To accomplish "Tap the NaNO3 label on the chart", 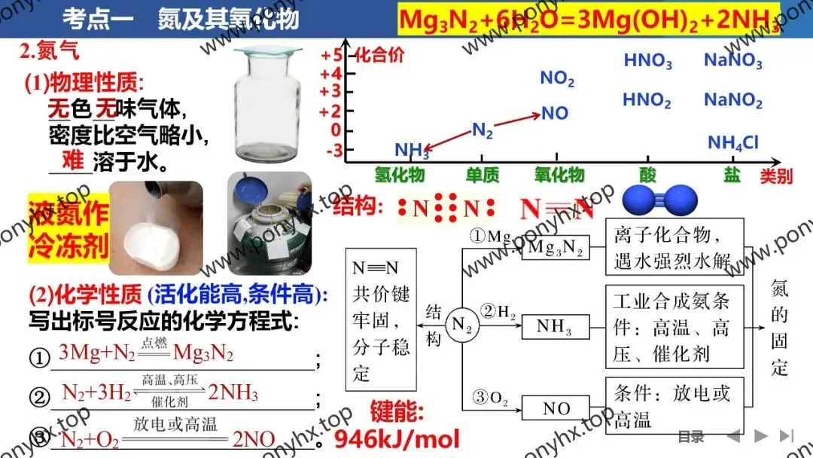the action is (732, 61).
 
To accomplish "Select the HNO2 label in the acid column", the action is (647, 99).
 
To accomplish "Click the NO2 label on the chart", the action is (557, 78).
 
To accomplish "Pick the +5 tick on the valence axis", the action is (331, 56).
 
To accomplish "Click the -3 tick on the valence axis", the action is (332, 151).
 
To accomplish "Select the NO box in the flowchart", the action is (556, 408).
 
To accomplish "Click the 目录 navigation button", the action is (690, 436).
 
